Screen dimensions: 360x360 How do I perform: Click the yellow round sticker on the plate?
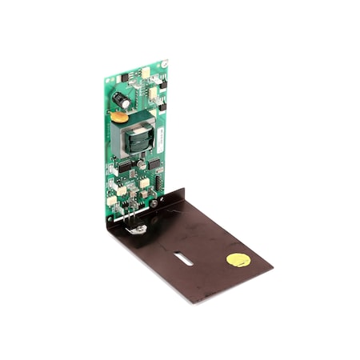click(237, 260)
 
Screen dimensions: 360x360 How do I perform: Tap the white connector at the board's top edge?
click(146, 71)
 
